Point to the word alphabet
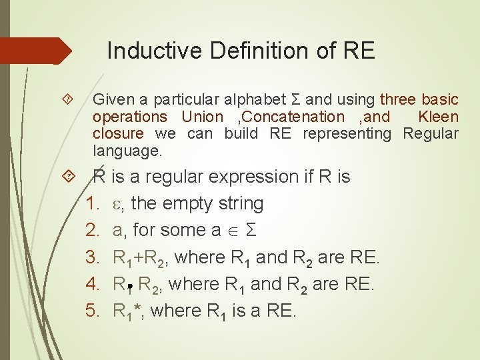[255, 100]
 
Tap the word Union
[203, 117]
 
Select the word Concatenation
[300, 117]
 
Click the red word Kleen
[438, 117]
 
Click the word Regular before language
[431, 133]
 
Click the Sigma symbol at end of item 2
[251, 230]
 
